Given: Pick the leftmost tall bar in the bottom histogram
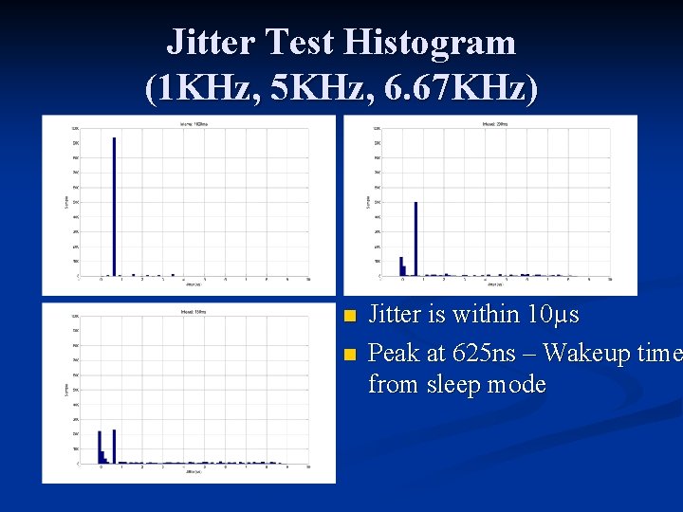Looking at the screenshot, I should (100, 447).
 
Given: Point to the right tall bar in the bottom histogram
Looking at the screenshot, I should (115, 446).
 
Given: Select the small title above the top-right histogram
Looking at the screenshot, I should (491, 124).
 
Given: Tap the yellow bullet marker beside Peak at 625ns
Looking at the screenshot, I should (348, 355).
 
